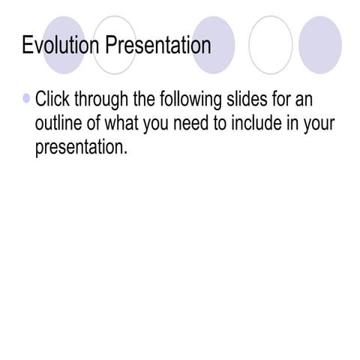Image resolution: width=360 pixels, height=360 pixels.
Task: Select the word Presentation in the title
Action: pyautogui.click(x=157, y=46)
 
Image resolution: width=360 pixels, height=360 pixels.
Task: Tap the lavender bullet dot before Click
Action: pyautogui.click(x=27, y=98)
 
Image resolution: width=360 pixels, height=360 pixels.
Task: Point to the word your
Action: pyautogui.click(x=319, y=124)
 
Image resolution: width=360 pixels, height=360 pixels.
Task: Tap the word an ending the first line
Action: pyautogui.click(x=304, y=100)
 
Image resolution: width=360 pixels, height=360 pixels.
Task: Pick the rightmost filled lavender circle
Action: pyautogui.click(x=320, y=45)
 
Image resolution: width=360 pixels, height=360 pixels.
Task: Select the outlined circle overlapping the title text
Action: pyautogui.click(x=115, y=45)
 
